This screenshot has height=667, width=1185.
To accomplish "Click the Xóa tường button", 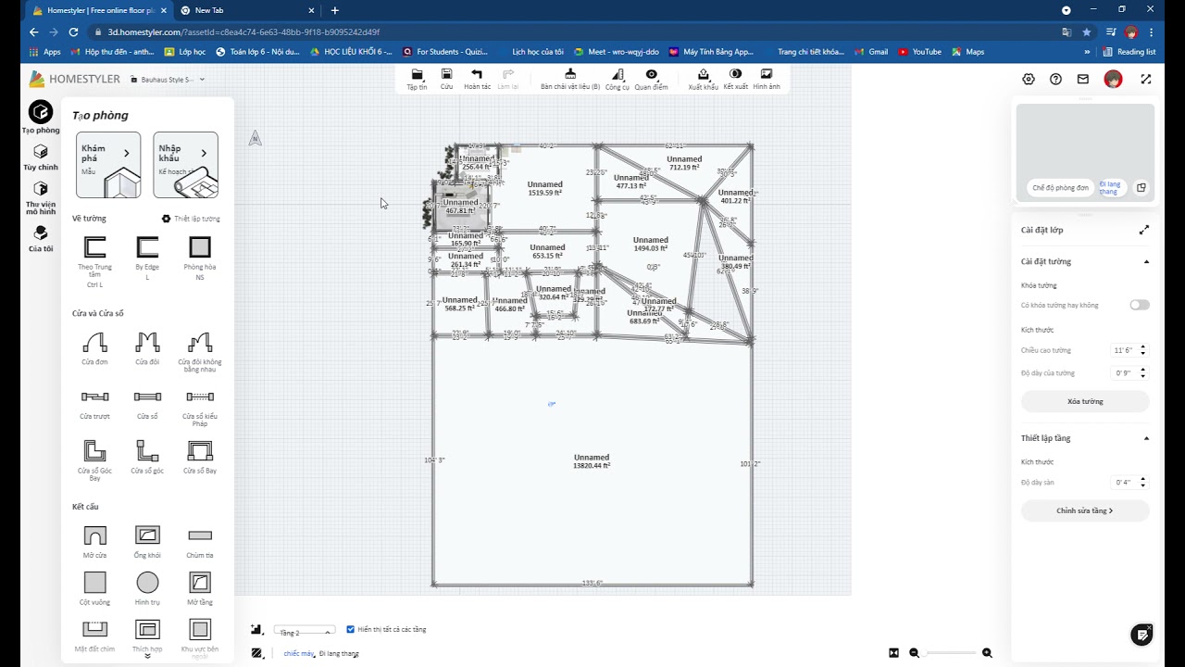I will pos(1085,401).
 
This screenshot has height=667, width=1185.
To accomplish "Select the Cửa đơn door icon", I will pos(95,343).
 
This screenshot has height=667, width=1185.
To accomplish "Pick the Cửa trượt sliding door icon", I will pos(95,396).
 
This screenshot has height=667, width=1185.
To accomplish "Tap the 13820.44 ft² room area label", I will pos(592,461).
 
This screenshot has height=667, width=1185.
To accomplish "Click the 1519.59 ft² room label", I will pos(545,189).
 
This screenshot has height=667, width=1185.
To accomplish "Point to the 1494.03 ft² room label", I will pos(651,245).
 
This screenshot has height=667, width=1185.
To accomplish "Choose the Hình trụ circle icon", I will pos(147,583).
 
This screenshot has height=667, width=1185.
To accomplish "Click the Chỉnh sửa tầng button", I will pos(1085,510).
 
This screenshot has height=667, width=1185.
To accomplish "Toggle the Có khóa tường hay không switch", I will pos(1139,305).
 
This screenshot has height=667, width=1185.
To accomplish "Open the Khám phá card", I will pos(108,165).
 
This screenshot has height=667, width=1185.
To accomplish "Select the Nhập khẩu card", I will pos(186,165).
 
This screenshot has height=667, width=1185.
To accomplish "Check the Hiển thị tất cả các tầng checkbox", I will pos(351,629).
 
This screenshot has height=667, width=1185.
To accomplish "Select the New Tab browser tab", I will pos(209,10).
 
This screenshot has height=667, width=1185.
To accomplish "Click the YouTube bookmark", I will pos(921,52).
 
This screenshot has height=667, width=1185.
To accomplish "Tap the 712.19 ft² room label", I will pos(684,163).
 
